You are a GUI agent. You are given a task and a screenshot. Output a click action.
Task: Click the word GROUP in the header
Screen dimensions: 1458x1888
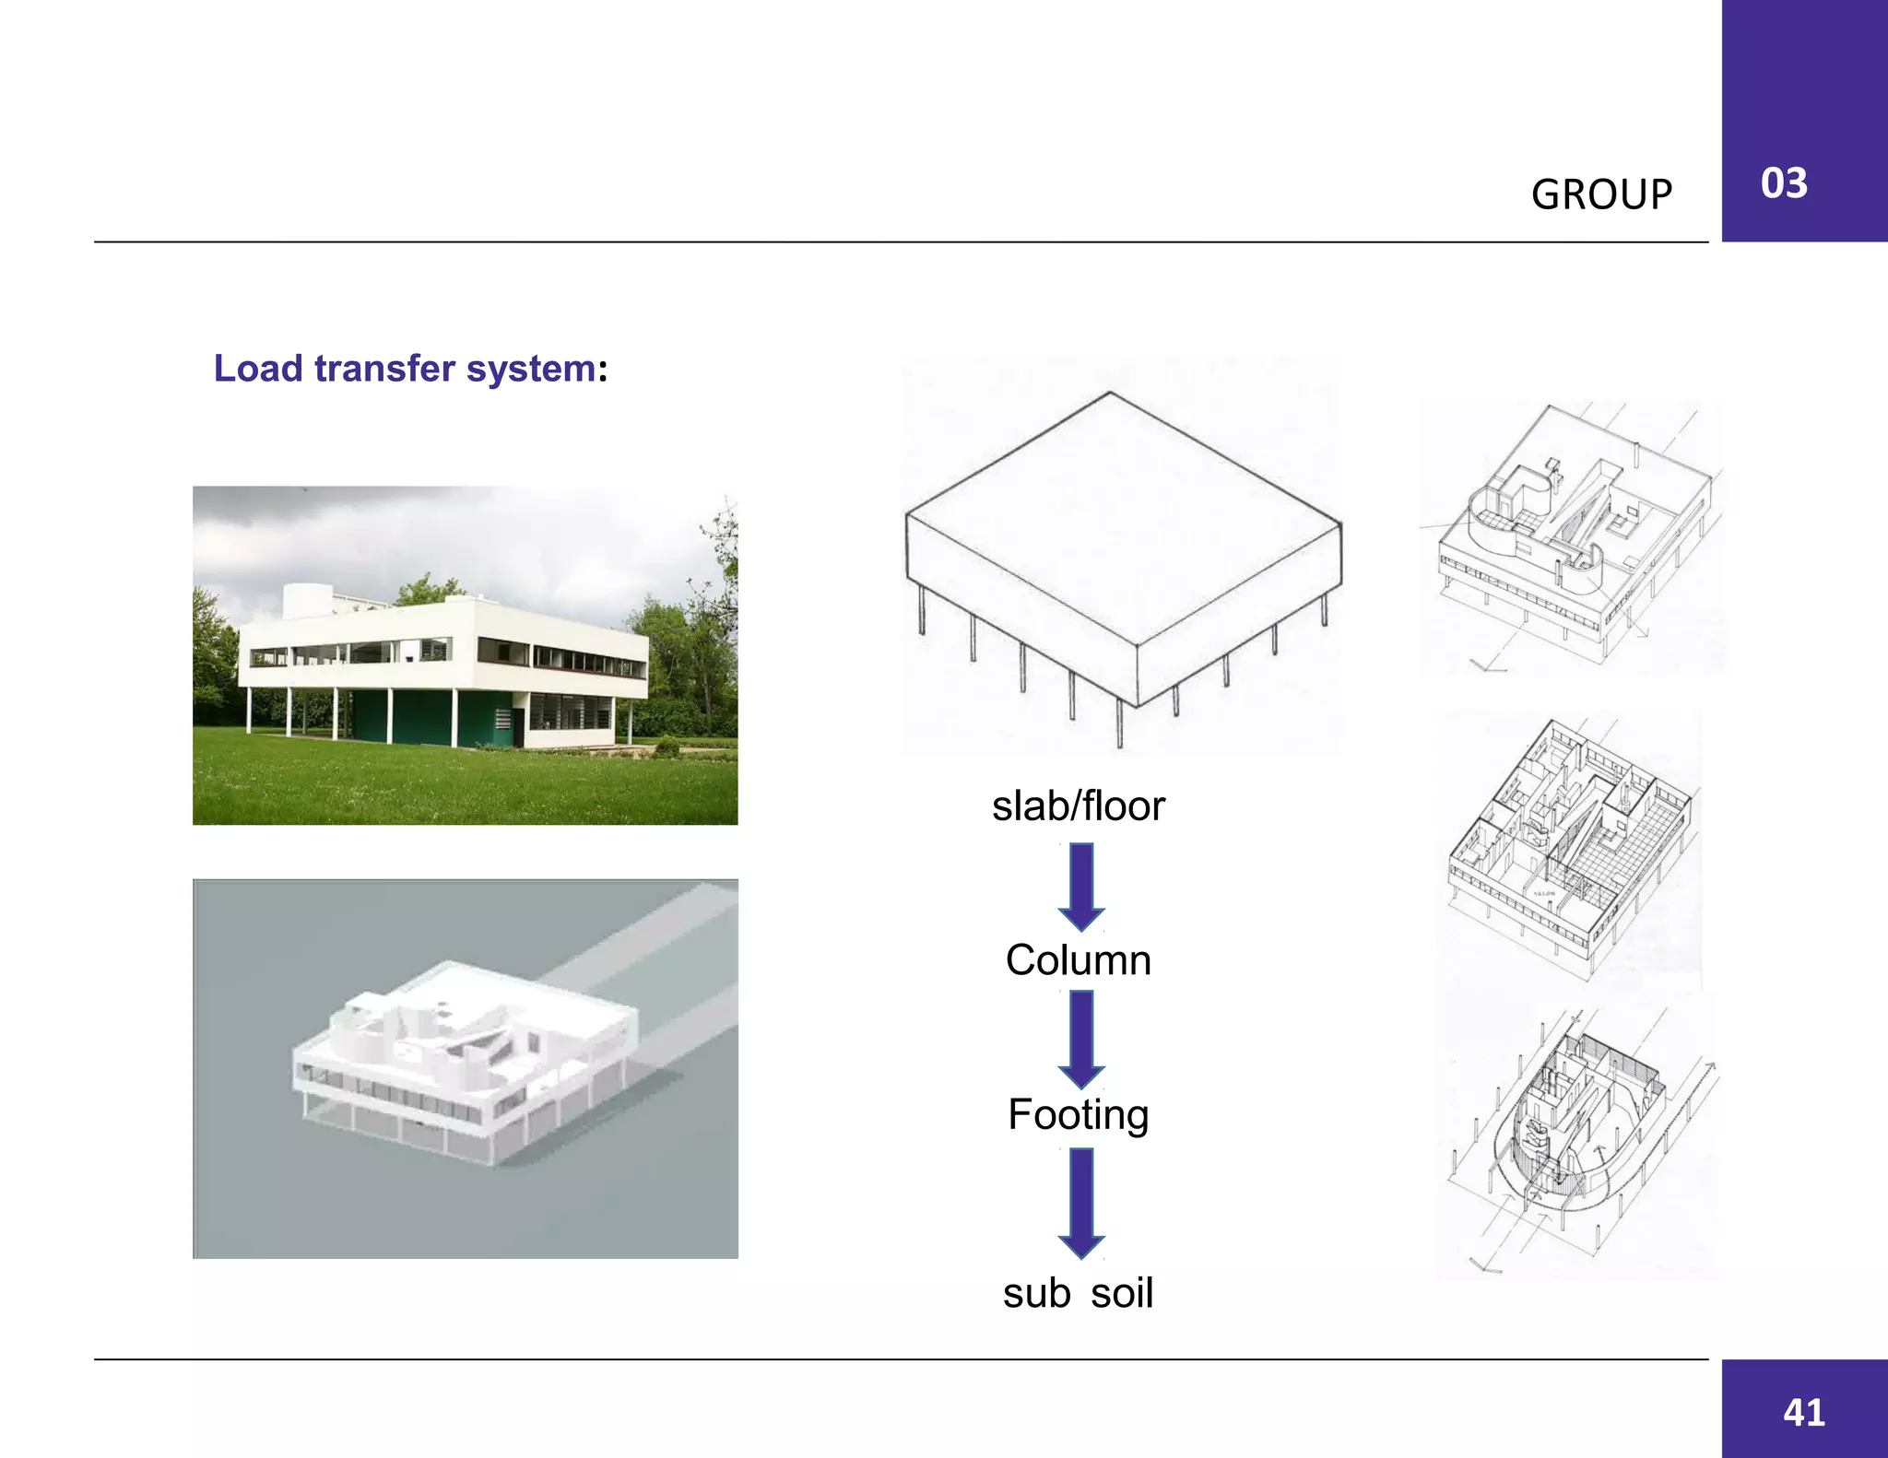(1601, 194)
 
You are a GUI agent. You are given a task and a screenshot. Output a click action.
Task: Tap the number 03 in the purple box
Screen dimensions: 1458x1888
(1783, 183)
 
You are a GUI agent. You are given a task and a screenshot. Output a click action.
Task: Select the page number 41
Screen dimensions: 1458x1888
(1803, 1412)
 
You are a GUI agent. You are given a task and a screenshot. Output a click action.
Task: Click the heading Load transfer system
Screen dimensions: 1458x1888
(410, 369)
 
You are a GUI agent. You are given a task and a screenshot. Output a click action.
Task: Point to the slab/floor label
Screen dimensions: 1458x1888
(1078, 806)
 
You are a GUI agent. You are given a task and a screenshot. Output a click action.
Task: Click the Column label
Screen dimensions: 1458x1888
(1078, 960)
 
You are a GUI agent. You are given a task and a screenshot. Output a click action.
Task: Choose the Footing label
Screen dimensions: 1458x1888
(1078, 1114)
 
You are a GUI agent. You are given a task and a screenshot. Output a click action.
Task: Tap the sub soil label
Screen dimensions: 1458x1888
(1078, 1293)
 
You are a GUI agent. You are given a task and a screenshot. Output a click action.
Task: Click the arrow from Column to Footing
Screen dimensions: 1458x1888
(1081, 1039)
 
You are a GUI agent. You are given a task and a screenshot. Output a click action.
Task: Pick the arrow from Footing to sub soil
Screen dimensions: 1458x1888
(1081, 1202)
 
